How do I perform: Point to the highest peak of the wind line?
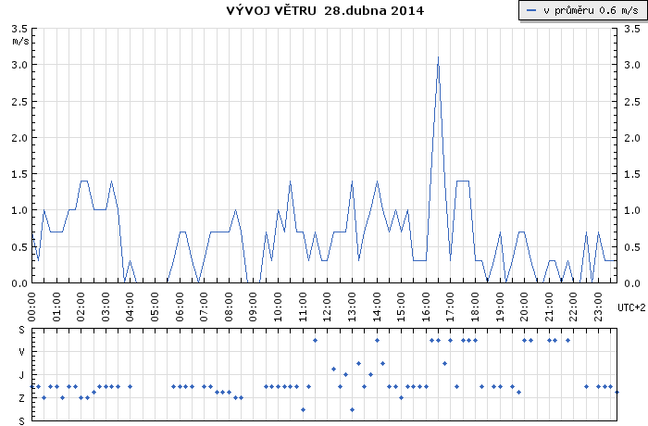pos(438,57)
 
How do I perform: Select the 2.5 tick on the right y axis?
pos(632,101)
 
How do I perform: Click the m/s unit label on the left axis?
pos(19,42)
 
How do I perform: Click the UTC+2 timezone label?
pos(629,307)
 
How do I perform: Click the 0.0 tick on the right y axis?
pos(632,282)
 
